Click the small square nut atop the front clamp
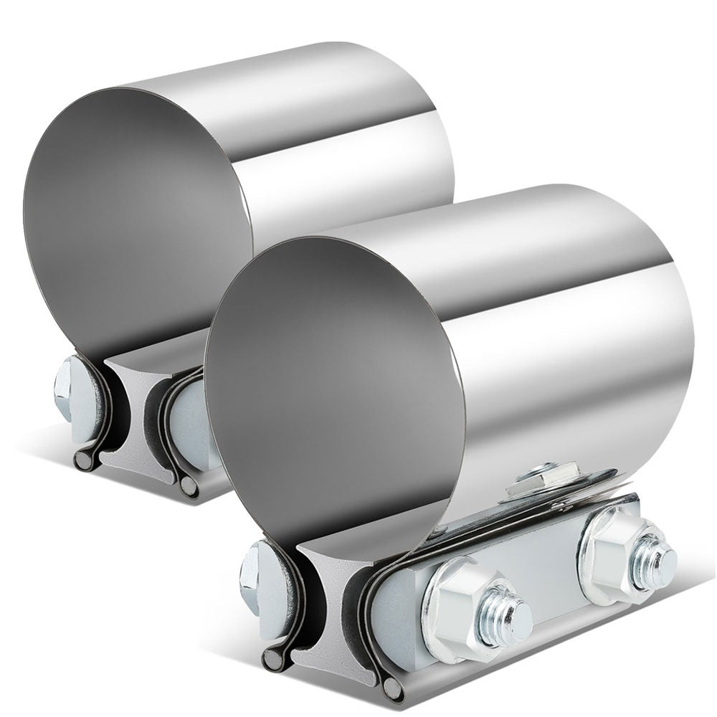tap(534, 476)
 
